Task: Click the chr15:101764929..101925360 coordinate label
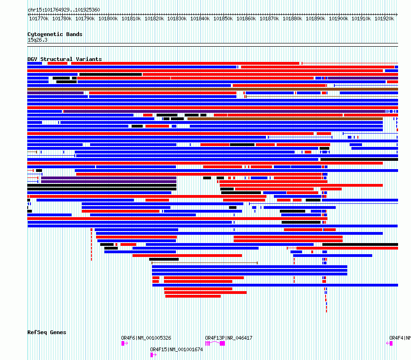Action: (x=64, y=10)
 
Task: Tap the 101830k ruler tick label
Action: (x=177, y=19)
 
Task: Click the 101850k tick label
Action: (x=224, y=19)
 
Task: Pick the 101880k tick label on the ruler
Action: (x=292, y=19)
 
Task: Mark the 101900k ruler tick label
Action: (x=338, y=19)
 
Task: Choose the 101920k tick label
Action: (x=384, y=19)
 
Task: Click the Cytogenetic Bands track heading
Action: (x=55, y=34)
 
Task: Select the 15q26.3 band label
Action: (x=37, y=40)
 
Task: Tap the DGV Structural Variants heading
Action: (x=65, y=59)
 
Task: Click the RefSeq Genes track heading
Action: (x=47, y=332)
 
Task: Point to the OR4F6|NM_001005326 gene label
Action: (x=146, y=338)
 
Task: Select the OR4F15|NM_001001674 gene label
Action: (x=176, y=349)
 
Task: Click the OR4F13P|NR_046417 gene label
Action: (x=229, y=338)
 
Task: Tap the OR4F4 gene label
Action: (x=399, y=338)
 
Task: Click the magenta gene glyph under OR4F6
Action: (x=124, y=343)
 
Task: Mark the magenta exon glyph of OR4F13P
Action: (x=222, y=343)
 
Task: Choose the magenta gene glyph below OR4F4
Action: (x=390, y=343)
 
